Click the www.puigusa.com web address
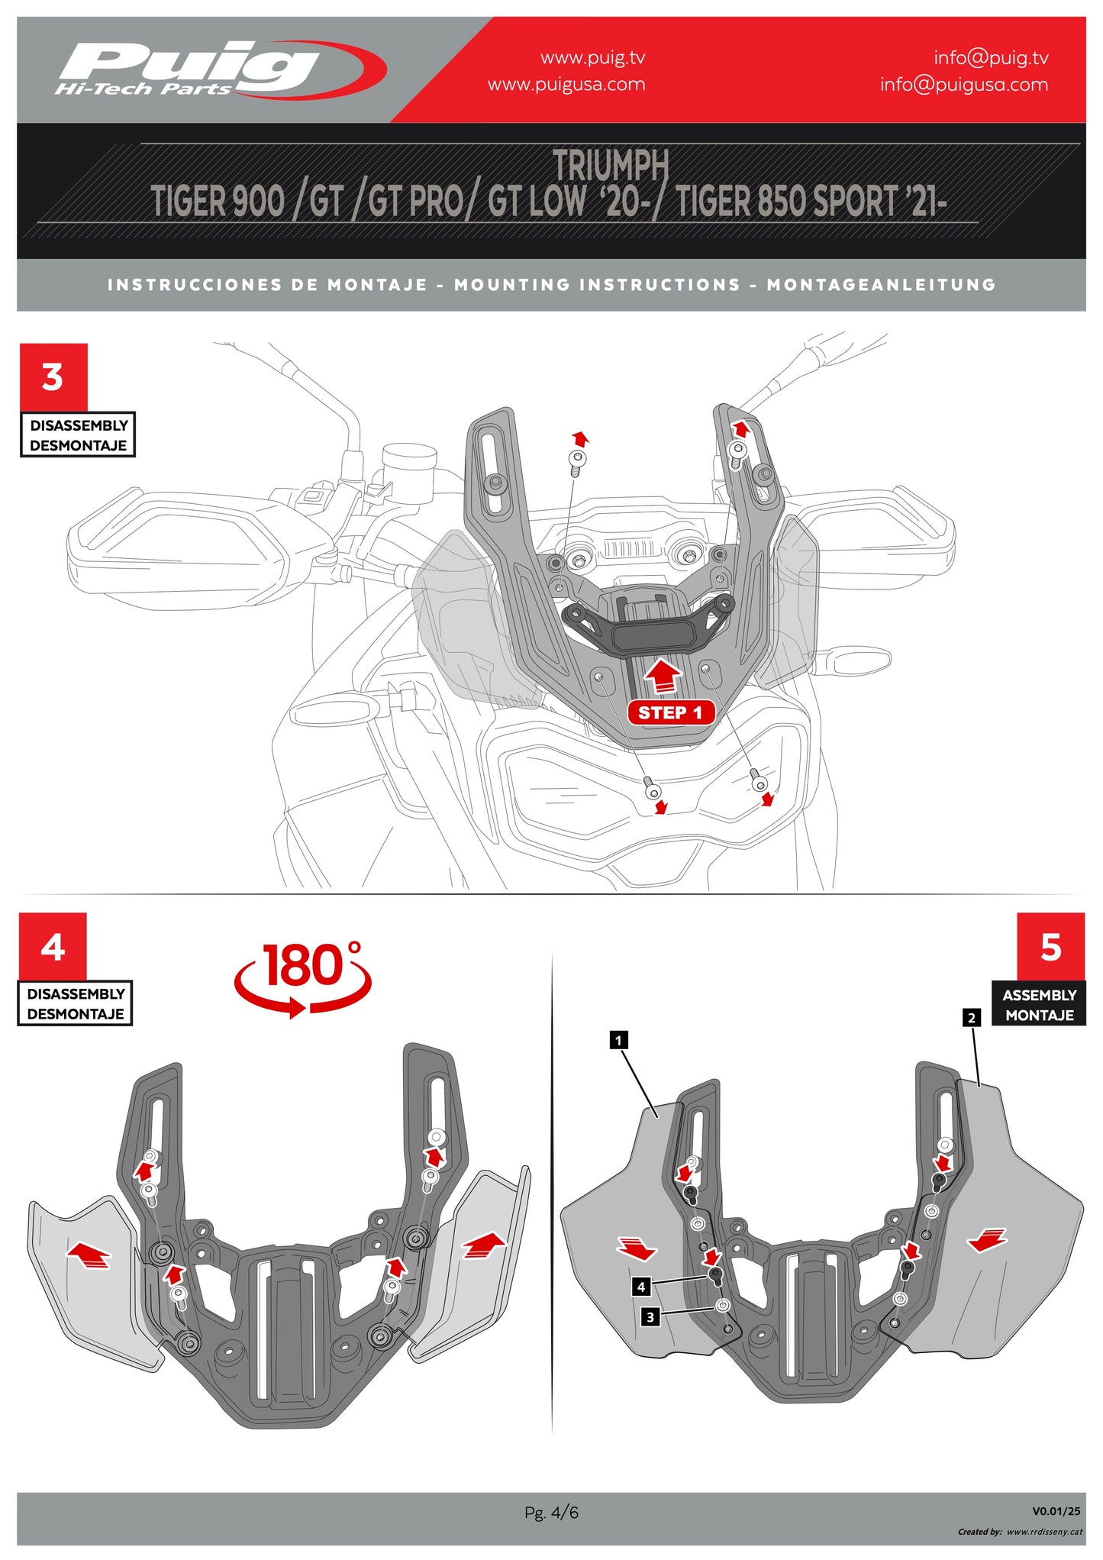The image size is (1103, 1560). (566, 85)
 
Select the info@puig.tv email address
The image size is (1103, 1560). (991, 58)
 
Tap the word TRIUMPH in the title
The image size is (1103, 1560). (611, 165)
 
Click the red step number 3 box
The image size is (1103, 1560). (53, 377)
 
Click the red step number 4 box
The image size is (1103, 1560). (53, 947)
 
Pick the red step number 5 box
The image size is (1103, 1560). (1050, 947)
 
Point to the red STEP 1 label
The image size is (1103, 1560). (670, 712)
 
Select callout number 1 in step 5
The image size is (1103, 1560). (618, 1040)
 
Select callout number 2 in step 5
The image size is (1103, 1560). (971, 1018)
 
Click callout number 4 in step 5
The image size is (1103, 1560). (641, 1287)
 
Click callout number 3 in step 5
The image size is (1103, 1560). (650, 1316)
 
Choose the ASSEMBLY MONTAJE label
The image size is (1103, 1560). (1039, 1005)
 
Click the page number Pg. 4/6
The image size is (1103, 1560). (551, 1512)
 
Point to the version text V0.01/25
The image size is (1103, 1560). (1056, 1511)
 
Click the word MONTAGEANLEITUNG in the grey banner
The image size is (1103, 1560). (881, 285)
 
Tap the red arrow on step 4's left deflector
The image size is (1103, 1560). (89, 1255)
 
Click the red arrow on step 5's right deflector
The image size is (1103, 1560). (987, 1240)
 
